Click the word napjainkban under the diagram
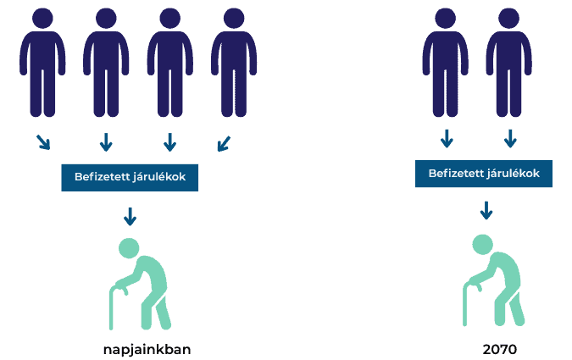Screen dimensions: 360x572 (153, 349)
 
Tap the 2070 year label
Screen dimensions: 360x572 (499, 349)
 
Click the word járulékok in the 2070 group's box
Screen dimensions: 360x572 (517, 174)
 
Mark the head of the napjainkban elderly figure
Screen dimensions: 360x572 (129, 248)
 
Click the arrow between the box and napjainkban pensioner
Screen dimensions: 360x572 (130, 217)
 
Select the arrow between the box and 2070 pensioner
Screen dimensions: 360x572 (486, 210)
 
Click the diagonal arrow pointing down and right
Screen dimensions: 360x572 (43, 141)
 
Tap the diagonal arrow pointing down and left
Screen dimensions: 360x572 (223, 143)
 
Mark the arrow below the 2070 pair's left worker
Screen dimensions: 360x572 (447, 138)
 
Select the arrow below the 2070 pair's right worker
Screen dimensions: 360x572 (510, 138)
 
